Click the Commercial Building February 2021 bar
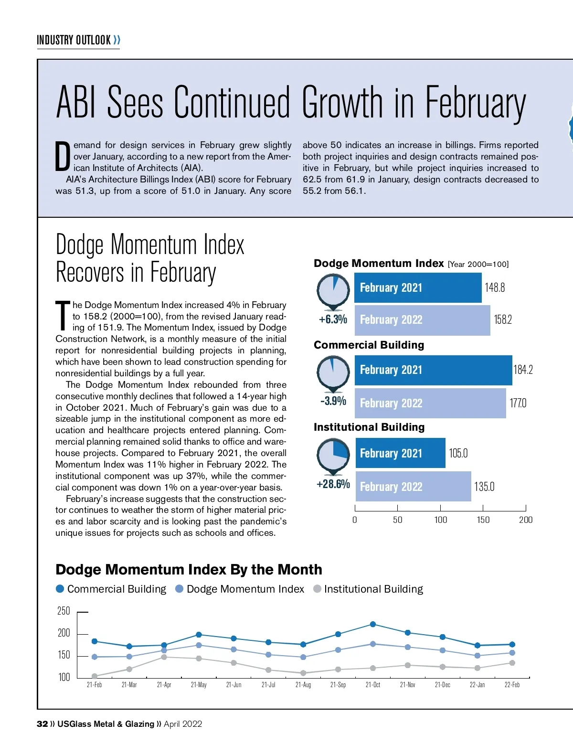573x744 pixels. [x=433, y=370]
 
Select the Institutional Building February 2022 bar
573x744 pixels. [x=413, y=487]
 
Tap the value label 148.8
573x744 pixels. [x=495, y=287]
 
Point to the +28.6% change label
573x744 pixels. [x=333, y=484]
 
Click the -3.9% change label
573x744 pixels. [x=333, y=401]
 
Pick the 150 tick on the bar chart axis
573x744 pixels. [x=483, y=520]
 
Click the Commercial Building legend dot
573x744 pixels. [x=60, y=589]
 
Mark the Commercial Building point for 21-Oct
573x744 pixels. [x=373, y=624]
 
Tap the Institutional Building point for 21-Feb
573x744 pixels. [x=95, y=676]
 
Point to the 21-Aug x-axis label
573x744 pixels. [x=303, y=685]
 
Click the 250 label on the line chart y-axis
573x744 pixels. [x=64, y=611]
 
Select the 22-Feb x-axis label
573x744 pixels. [x=512, y=685]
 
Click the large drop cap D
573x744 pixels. [x=63, y=156]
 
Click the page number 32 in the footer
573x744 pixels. [x=42, y=724]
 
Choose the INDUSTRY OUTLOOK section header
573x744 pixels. [x=74, y=40]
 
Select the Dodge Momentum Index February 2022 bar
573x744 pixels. [x=422, y=320]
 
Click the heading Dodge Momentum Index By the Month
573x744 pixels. [x=189, y=570]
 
